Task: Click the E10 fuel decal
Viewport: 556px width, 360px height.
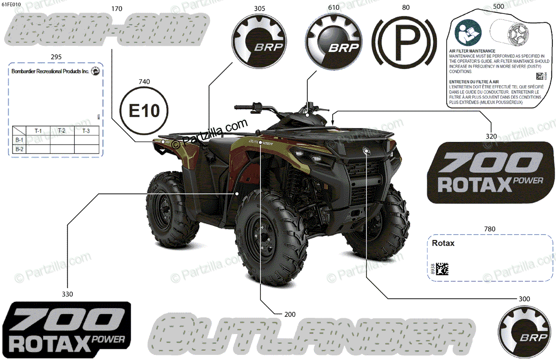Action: click(144, 111)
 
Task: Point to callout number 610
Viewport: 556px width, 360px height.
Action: click(333, 8)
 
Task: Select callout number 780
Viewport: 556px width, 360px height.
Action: click(489, 229)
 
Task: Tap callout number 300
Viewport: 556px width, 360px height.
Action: click(524, 299)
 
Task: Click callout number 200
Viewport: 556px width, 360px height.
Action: click(290, 314)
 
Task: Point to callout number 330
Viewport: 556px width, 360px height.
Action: click(67, 294)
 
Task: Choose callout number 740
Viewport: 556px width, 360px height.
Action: click(144, 82)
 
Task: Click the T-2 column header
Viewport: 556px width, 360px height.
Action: click(61, 131)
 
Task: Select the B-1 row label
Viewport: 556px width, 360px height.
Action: click(19, 139)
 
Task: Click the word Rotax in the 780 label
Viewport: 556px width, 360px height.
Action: click(443, 243)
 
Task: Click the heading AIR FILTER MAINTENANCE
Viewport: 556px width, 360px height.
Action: click(472, 51)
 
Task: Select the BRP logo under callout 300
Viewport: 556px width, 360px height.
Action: click(523, 330)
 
